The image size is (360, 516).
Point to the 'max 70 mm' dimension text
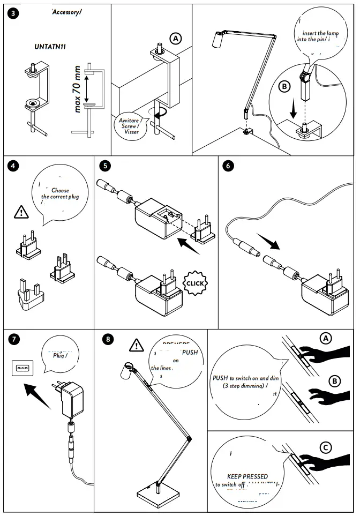(x=78, y=89)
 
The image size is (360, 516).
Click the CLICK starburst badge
(x=195, y=283)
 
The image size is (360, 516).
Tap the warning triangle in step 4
(x=21, y=212)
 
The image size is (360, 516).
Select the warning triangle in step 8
(x=137, y=345)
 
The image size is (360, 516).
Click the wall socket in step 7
(x=22, y=369)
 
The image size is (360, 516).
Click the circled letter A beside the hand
(x=325, y=338)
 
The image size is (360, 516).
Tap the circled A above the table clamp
(x=175, y=38)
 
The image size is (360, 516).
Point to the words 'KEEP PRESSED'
(x=247, y=476)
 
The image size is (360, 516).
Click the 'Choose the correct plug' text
(x=60, y=193)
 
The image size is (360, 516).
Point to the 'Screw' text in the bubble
(x=131, y=126)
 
